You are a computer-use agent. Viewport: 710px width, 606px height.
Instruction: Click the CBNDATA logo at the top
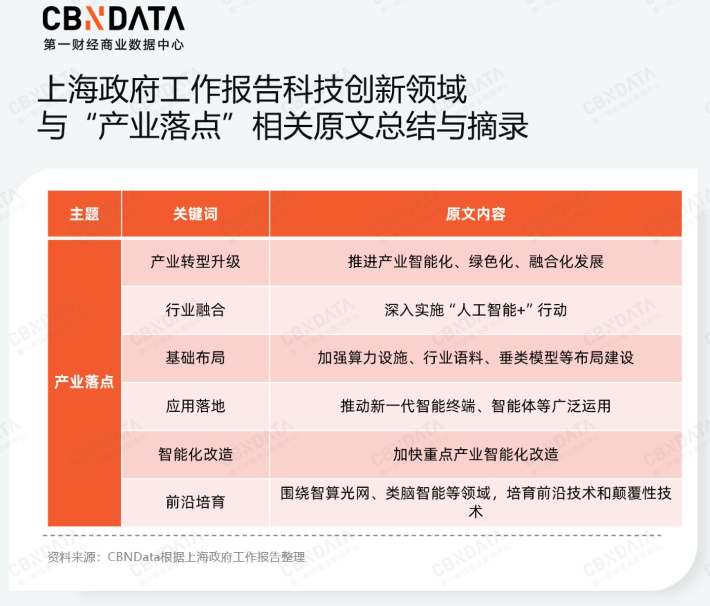[x=113, y=19]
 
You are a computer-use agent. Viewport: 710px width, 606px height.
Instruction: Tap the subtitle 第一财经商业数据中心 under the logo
[x=113, y=45]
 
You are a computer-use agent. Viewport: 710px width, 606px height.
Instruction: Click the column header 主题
[x=84, y=214]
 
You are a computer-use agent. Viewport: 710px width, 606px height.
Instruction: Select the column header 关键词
[x=195, y=214]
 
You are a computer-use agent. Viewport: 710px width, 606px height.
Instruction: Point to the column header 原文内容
[x=475, y=214]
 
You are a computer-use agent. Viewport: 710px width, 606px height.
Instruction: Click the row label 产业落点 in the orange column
[x=84, y=382]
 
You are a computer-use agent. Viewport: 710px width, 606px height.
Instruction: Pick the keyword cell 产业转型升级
[x=195, y=261]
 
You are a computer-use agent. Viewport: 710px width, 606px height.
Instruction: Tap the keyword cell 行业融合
[x=195, y=310]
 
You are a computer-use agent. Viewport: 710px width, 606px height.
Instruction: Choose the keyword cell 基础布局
[x=195, y=357]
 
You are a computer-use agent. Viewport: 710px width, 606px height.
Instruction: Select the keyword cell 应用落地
[x=195, y=406]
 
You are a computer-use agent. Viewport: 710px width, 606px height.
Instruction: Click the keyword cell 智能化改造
[x=195, y=454]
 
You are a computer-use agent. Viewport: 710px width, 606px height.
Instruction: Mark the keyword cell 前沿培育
[x=195, y=502]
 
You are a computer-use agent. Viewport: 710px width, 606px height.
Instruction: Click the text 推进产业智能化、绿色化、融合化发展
[x=476, y=261]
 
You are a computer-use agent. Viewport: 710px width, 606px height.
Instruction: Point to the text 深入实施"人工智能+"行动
[x=476, y=310]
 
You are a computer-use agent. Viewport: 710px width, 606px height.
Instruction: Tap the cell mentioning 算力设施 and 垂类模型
[x=476, y=357]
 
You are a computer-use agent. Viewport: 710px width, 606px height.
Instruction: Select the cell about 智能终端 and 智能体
[x=476, y=406]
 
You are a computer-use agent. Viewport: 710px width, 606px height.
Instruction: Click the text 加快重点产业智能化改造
[x=476, y=454]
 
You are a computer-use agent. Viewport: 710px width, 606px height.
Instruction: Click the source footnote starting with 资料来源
[x=176, y=557]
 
